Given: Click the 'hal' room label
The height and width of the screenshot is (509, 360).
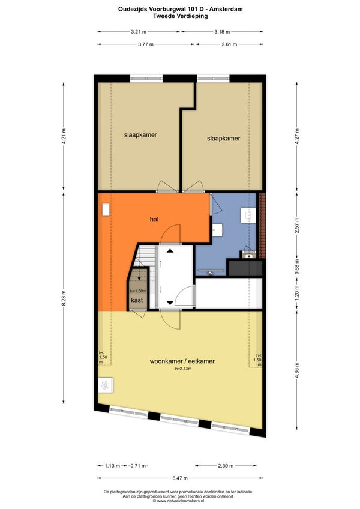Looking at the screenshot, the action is tap(154, 220).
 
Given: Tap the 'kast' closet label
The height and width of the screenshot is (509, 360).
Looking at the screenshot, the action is tap(137, 300).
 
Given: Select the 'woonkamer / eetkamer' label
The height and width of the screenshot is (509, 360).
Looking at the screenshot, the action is tap(182, 361).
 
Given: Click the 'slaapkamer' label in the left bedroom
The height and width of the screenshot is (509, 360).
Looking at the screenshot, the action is tap(140, 134).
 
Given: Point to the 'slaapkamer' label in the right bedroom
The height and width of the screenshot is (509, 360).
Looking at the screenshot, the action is tap(223, 138).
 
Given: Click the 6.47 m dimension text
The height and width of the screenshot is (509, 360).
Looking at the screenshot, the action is tap(180, 478).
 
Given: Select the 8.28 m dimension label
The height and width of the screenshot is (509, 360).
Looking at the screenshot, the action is tap(64, 298).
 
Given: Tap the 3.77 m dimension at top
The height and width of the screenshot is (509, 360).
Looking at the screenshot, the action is tap(146, 44).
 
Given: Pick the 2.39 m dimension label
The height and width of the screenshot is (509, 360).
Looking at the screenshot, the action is tap(226, 466).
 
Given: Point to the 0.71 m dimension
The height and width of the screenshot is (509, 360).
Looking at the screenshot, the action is tap(138, 466).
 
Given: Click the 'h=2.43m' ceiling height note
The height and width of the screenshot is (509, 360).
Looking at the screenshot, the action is tap(183, 369).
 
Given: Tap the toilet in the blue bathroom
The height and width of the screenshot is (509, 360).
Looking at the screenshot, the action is tap(248, 215).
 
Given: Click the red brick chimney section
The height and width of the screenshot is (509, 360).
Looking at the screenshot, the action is tap(262, 225).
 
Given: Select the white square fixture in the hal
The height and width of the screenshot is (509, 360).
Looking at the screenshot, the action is tap(106, 209).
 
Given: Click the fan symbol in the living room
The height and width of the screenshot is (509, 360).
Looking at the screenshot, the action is tap(105, 385).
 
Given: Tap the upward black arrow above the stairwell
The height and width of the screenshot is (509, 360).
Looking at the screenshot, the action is tap(170, 251).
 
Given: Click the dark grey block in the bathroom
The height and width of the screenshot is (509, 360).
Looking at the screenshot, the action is tap(245, 268).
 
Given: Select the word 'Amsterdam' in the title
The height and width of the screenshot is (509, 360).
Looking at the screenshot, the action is tap(226, 9).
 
